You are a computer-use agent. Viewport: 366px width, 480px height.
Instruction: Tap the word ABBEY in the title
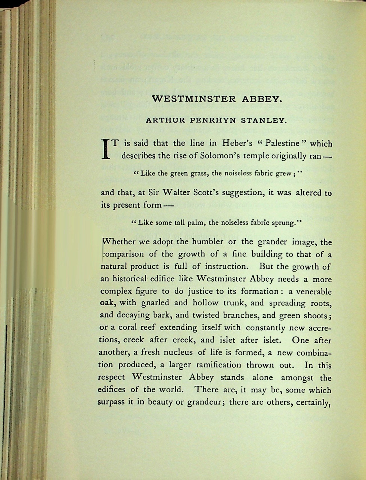261,99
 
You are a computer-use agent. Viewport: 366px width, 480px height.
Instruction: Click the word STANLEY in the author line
264,121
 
